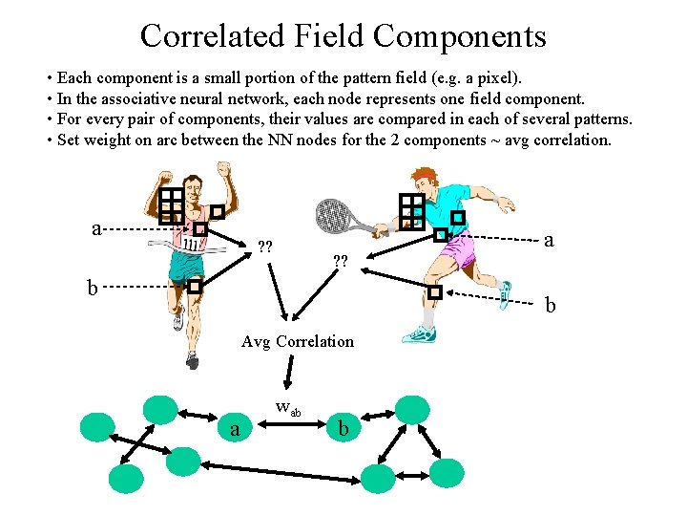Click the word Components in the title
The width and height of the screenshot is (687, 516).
click(459, 36)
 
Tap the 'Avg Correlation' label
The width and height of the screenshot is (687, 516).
click(297, 341)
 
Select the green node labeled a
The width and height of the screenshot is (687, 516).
click(235, 430)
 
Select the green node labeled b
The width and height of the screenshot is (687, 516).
click(343, 430)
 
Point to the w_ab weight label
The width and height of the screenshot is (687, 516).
click(287, 408)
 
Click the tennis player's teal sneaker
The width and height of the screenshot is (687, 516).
click(420, 335)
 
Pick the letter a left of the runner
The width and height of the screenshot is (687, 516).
click(96, 228)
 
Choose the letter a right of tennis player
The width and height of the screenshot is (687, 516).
click(548, 240)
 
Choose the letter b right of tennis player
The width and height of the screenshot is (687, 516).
click(550, 306)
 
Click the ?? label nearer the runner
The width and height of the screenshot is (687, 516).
click(265, 248)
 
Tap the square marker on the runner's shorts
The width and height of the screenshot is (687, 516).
click(195, 286)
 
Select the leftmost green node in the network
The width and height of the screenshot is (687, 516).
click(97, 427)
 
